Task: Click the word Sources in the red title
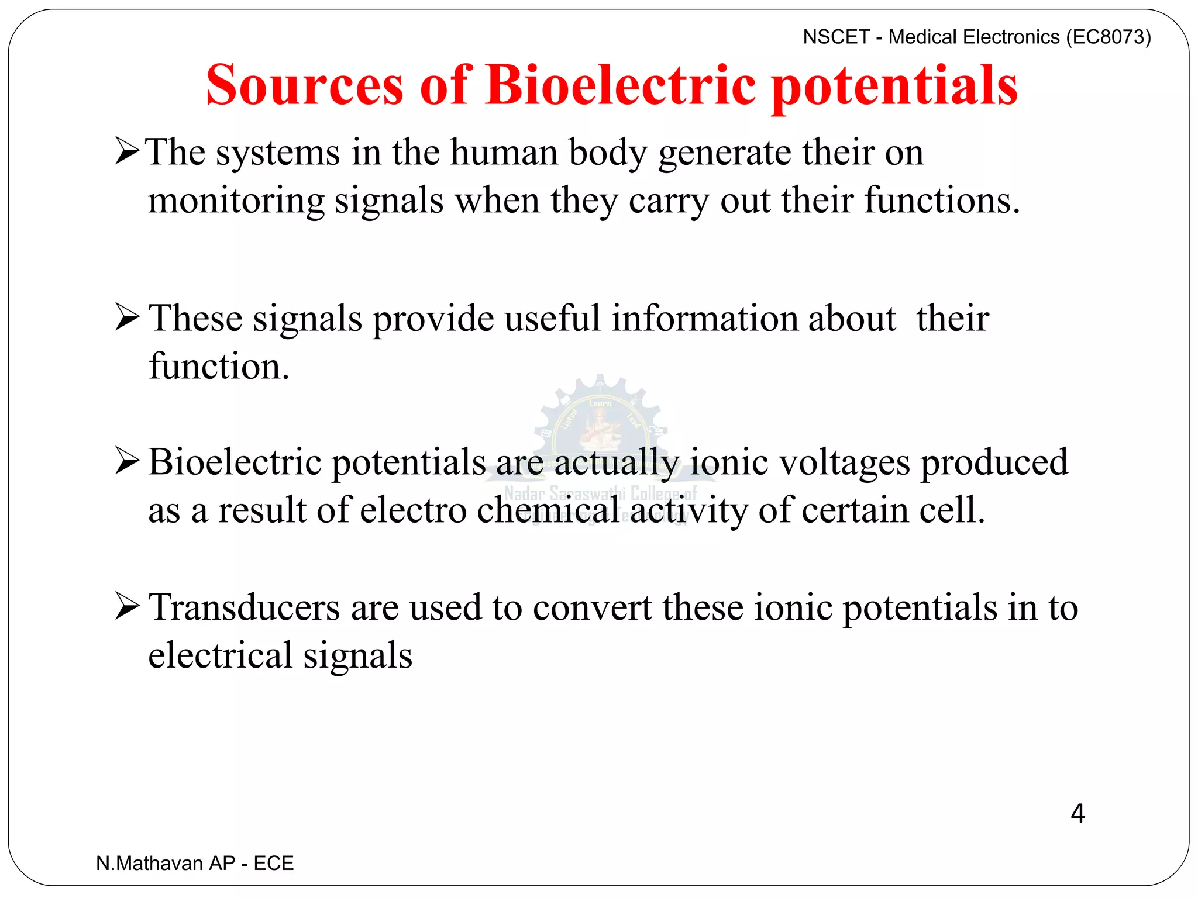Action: tap(305, 86)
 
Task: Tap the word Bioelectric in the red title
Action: tap(621, 86)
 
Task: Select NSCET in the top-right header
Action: tap(836, 37)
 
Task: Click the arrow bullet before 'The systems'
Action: tap(127, 151)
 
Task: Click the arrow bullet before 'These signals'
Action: tap(127, 317)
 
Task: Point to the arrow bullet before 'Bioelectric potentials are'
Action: tap(127, 461)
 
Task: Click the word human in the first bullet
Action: tap(504, 153)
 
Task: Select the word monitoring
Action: tap(236, 202)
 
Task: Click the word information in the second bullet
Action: tap(704, 319)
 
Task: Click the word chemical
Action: tap(548, 511)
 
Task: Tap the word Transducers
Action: tap(244, 607)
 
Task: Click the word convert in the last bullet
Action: tap(592, 609)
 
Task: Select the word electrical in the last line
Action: tap(220, 656)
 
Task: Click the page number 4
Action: tap(1077, 814)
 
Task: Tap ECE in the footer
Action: tap(273, 864)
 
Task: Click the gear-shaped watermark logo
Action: tap(600, 421)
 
